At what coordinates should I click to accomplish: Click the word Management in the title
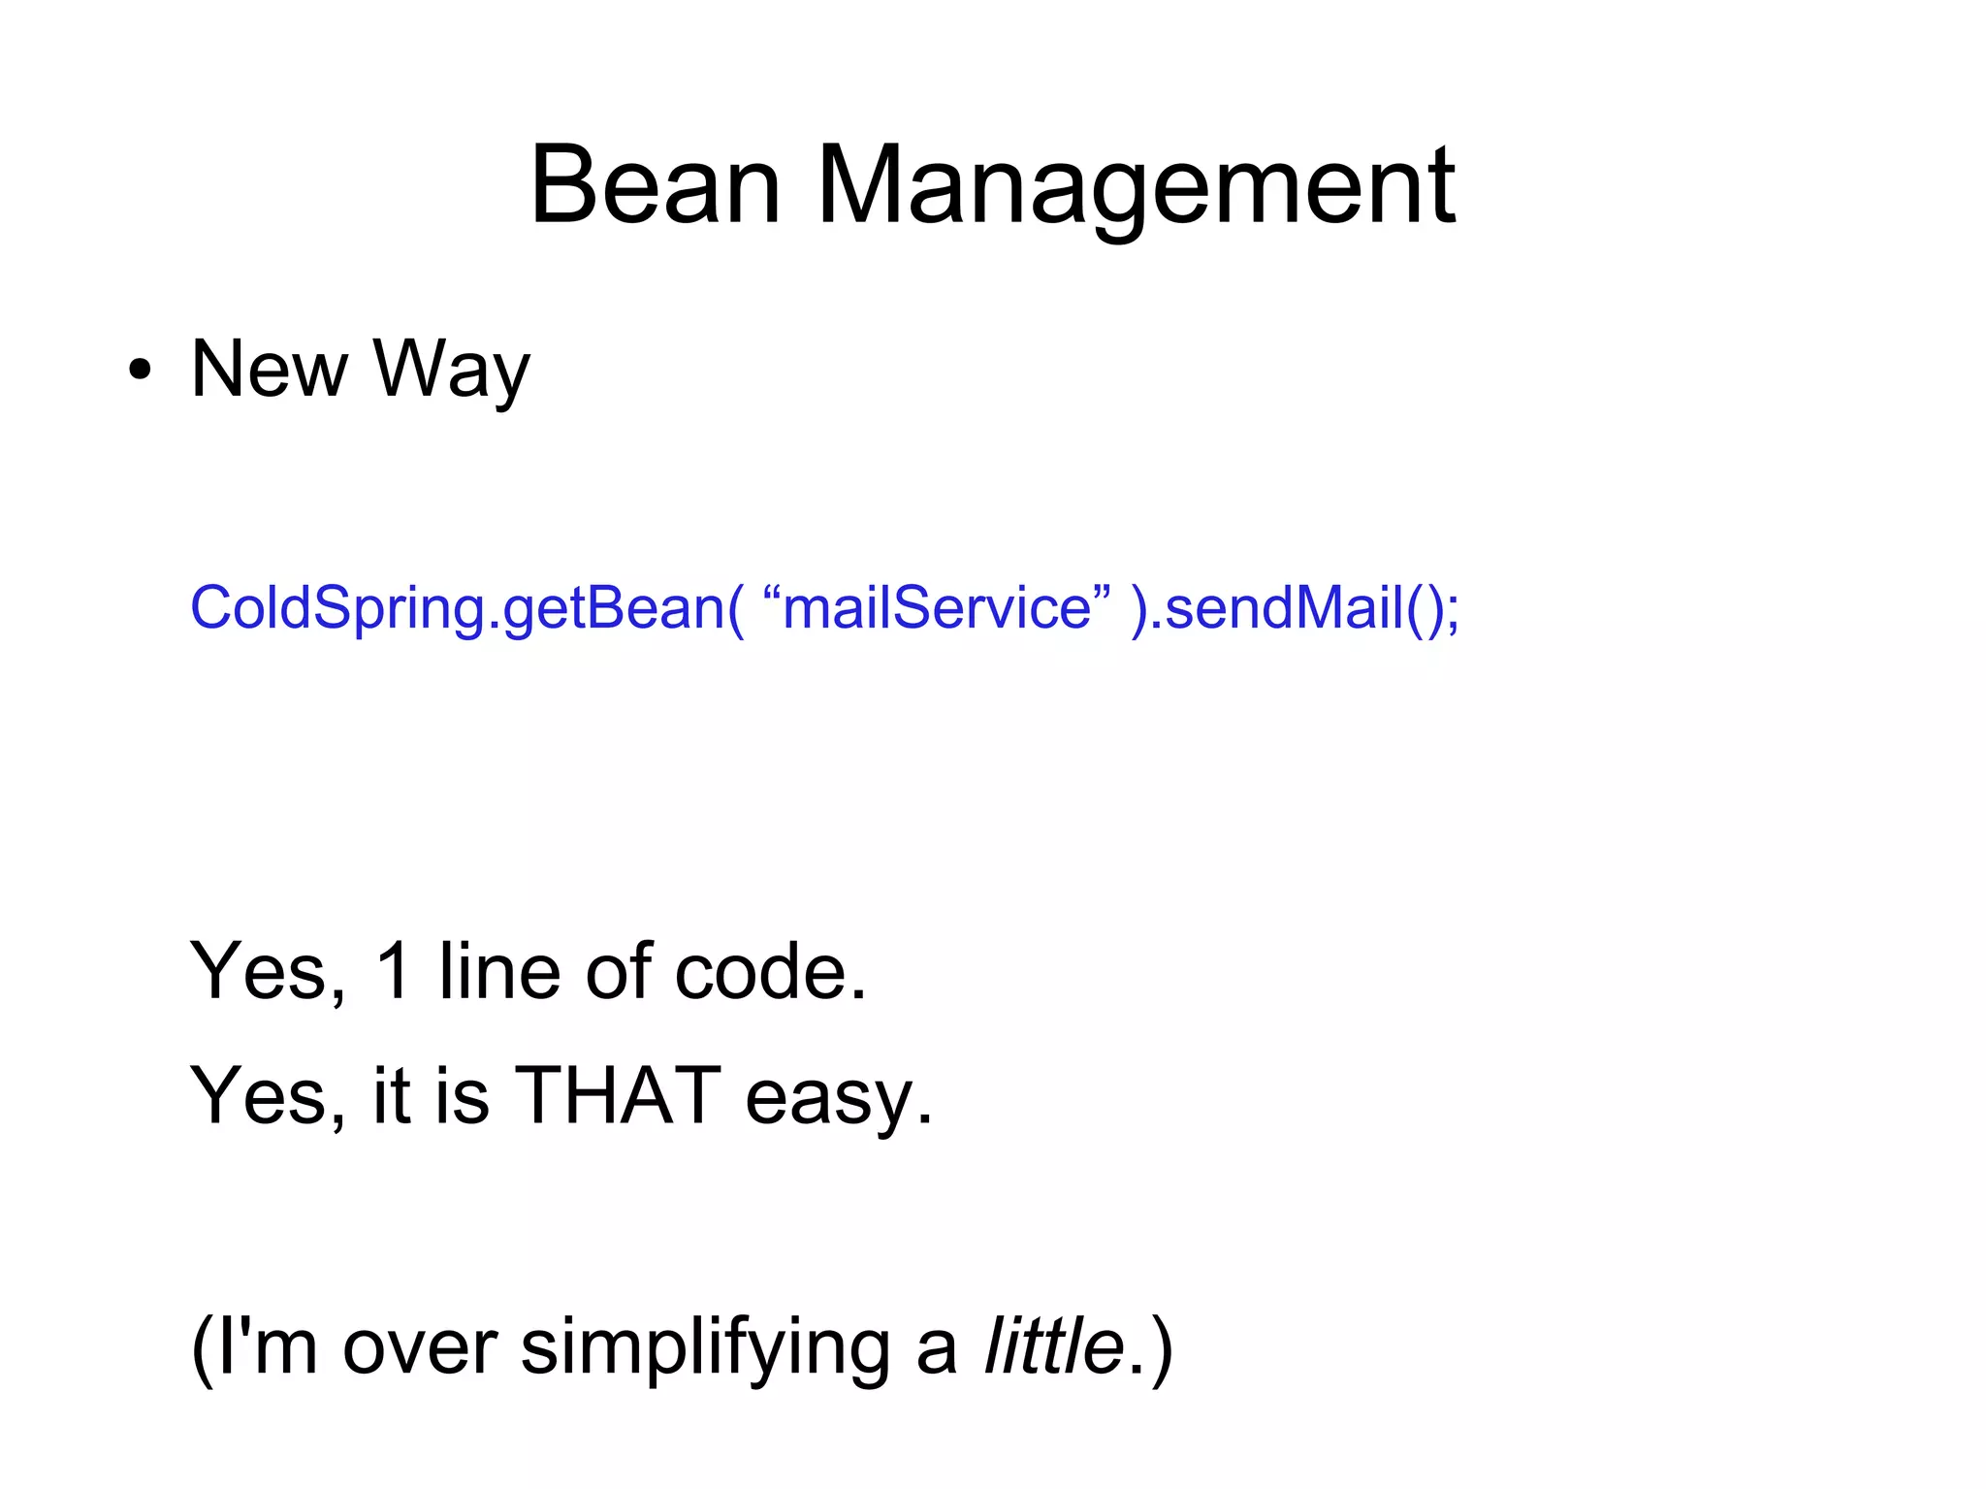click(1136, 186)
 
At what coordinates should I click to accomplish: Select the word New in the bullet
click(269, 369)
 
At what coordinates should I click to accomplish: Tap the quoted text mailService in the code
click(937, 608)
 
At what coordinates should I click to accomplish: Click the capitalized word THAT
click(618, 1095)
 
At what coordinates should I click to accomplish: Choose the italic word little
click(1054, 1346)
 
